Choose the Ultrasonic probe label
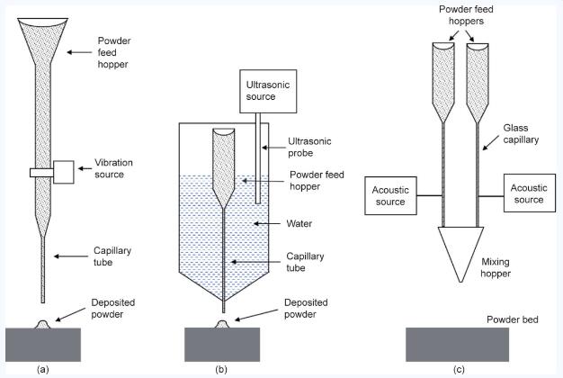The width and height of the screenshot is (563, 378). (309, 148)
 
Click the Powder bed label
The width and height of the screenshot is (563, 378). (512, 319)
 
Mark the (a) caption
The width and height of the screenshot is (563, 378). (42, 368)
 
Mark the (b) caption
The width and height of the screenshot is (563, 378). (221, 368)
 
